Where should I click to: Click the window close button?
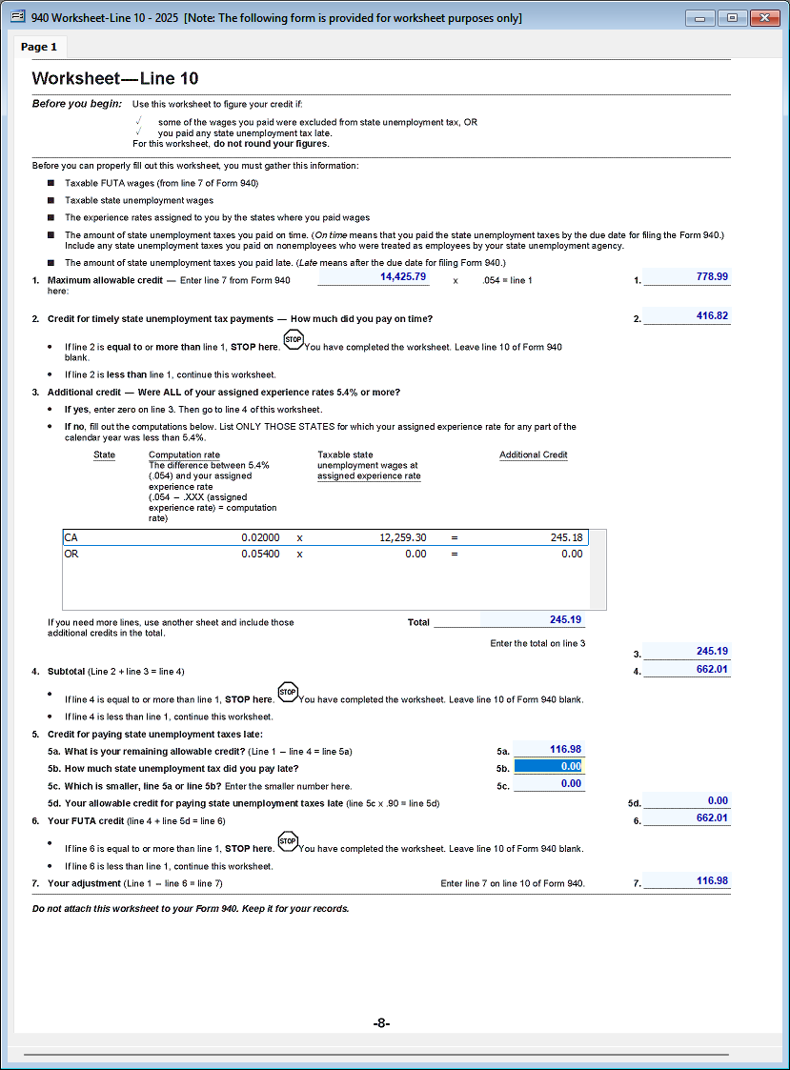(762, 18)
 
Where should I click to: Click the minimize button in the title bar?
(705, 18)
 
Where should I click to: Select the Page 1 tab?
(40, 47)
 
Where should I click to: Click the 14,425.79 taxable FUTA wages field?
(373, 276)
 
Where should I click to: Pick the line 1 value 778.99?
(686, 276)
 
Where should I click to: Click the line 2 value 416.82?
(686, 316)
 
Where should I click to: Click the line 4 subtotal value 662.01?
(686, 670)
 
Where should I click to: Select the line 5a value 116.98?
(548, 750)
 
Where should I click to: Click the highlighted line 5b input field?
(548, 766)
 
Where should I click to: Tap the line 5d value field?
(686, 801)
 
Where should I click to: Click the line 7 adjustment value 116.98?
(686, 881)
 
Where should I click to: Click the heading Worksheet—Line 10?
(115, 79)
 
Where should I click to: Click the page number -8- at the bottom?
(381, 1023)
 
